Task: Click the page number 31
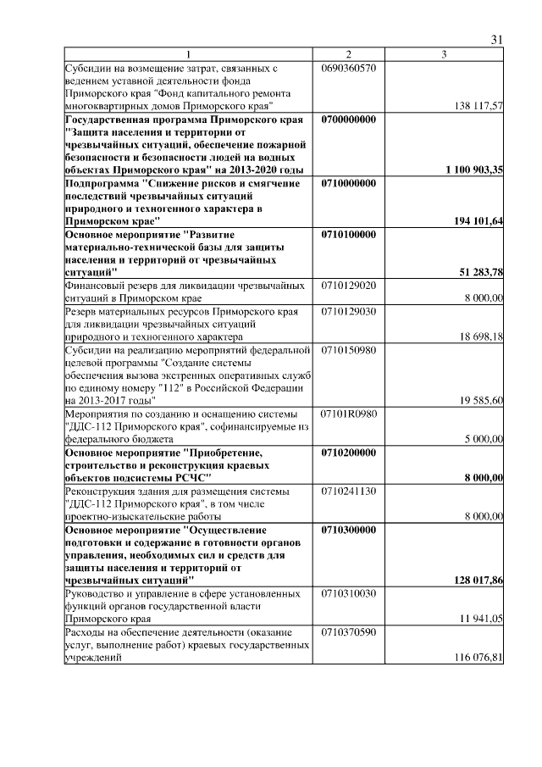tap(497, 39)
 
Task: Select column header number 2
tap(348, 54)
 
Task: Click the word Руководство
tap(98, 593)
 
